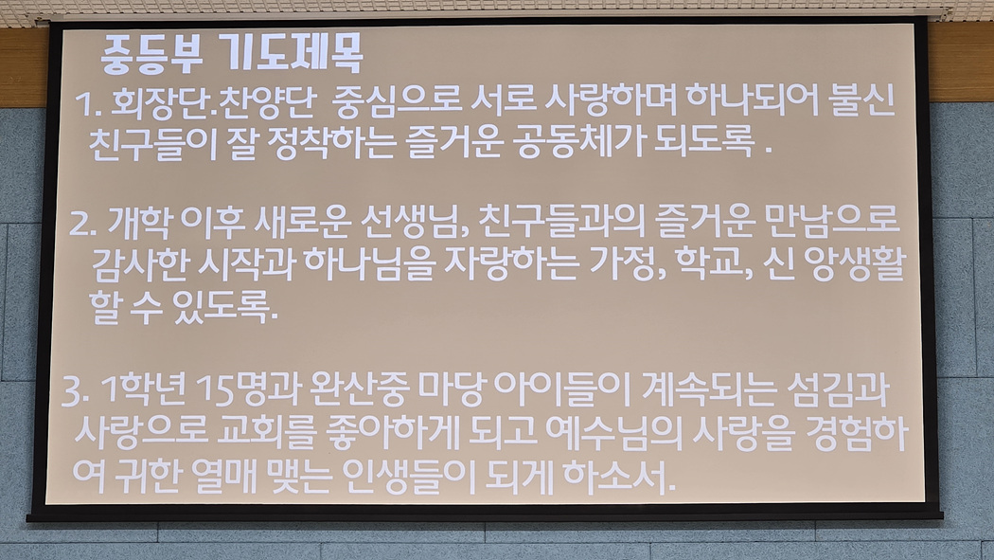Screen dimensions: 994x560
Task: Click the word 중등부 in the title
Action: pyautogui.click(x=151, y=53)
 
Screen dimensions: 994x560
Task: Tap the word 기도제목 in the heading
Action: pyautogui.click(x=294, y=53)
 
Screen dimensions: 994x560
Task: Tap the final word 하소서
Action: pyautogui.click(x=618, y=475)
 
